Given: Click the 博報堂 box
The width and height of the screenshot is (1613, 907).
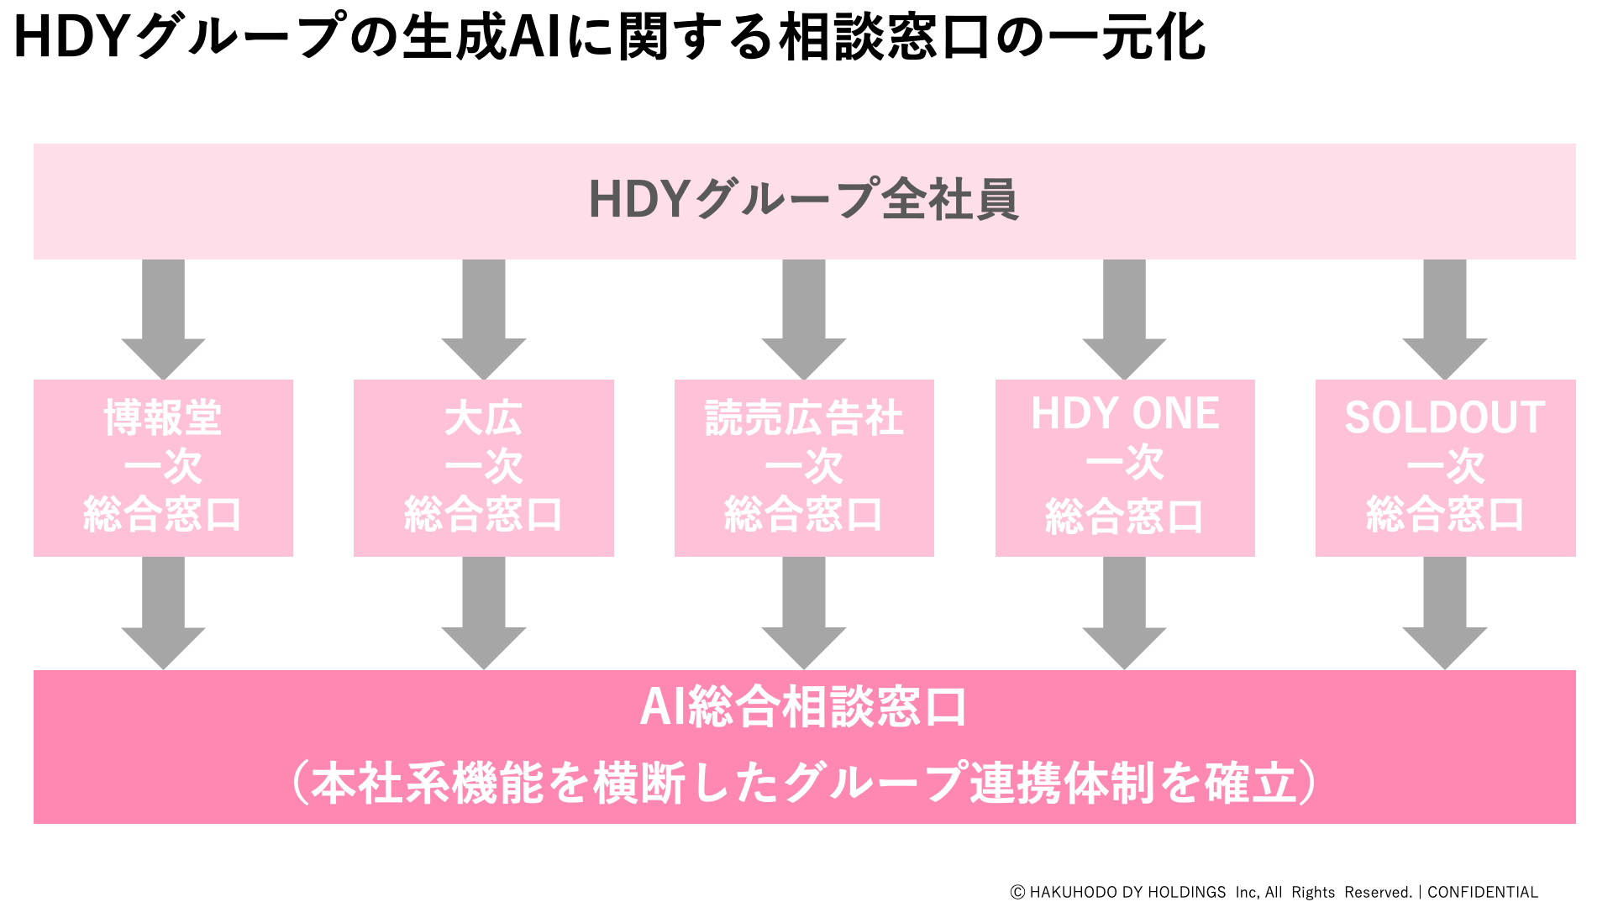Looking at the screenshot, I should click(163, 468).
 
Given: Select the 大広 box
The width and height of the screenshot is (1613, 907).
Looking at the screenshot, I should click(483, 468).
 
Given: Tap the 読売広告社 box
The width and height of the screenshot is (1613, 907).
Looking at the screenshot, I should click(804, 468).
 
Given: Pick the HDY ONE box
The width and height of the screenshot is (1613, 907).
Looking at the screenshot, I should click(1125, 468).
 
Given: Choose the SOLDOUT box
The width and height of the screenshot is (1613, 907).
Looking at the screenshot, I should click(1445, 468).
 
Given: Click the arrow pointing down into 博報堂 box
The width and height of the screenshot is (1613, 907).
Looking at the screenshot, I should click(163, 319).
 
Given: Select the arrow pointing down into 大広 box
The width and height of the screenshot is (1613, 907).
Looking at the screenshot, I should click(483, 319).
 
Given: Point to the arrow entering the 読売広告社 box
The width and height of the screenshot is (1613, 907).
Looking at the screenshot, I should click(804, 319).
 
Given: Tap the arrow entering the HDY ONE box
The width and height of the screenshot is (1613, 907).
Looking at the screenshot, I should click(1125, 319).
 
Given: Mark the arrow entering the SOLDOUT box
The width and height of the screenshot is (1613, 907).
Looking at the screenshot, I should click(1445, 319).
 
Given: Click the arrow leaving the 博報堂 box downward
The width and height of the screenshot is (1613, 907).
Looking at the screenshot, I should click(163, 613).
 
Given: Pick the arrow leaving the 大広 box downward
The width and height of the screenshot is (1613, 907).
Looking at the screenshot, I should click(483, 613).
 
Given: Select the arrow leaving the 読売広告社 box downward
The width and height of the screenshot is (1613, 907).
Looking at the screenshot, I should click(804, 613).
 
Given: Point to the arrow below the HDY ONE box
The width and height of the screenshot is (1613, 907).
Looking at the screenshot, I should click(1125, 613).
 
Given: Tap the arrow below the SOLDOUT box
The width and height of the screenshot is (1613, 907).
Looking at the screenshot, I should click(1445, 613).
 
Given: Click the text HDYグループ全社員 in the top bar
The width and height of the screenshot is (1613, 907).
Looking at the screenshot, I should click(804, 200).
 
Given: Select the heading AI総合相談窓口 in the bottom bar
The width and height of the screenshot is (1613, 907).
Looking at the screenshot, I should click(804, 707).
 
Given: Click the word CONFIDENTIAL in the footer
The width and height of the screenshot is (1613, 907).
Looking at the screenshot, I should click(1483, 892).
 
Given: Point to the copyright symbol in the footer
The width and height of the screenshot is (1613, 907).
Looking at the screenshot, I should click(1017, 892).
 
